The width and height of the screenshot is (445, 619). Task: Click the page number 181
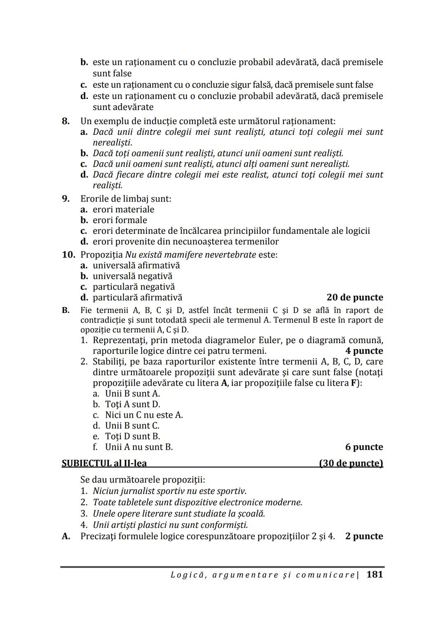click(x=374, y=574)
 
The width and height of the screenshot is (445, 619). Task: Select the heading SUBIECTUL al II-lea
click(x=104, y=463)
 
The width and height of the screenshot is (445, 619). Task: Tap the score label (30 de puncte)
click(x=351, y=463)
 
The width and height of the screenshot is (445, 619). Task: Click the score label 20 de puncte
click(x=354, y=297)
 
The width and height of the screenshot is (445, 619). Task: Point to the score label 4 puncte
click(x=364, y=351)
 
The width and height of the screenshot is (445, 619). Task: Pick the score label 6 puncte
click(x=364, y=447)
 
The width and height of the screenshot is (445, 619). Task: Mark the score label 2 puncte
click(x=364, y=536)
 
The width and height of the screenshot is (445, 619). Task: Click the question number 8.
click(x=66, y=121)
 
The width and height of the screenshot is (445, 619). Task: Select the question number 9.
click(x=66, y=199)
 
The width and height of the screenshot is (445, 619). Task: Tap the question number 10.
click(x=68, y=254)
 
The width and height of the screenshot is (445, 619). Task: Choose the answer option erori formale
click(x=119, y=220)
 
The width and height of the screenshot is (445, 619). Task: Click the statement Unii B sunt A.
click(x=132, y=393)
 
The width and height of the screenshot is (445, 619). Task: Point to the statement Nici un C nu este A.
click(x=144, y=415)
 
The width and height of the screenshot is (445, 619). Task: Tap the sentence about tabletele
click(x=197, y=502)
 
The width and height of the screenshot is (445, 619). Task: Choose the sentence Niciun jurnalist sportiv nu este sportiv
click(x=169, y=491)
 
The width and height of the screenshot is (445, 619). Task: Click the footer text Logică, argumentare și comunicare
click(x=262, y=575)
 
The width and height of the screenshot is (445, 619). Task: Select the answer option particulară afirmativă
click(x=137, y=297)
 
